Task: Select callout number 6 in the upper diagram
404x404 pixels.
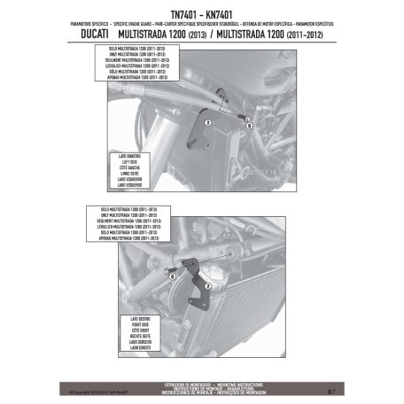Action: pyautogui.click(x=250, y=126)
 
